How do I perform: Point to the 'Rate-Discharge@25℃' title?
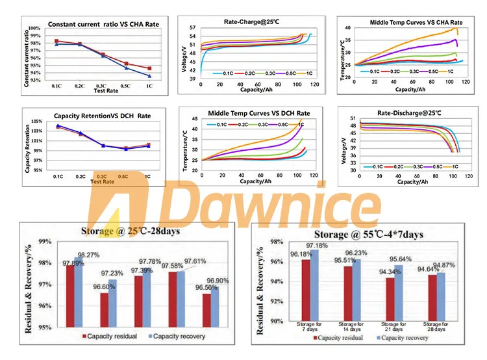pyautogui.click(x=408, y=114)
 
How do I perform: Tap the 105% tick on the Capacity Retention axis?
pyautogui.click(x=35, y=122)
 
